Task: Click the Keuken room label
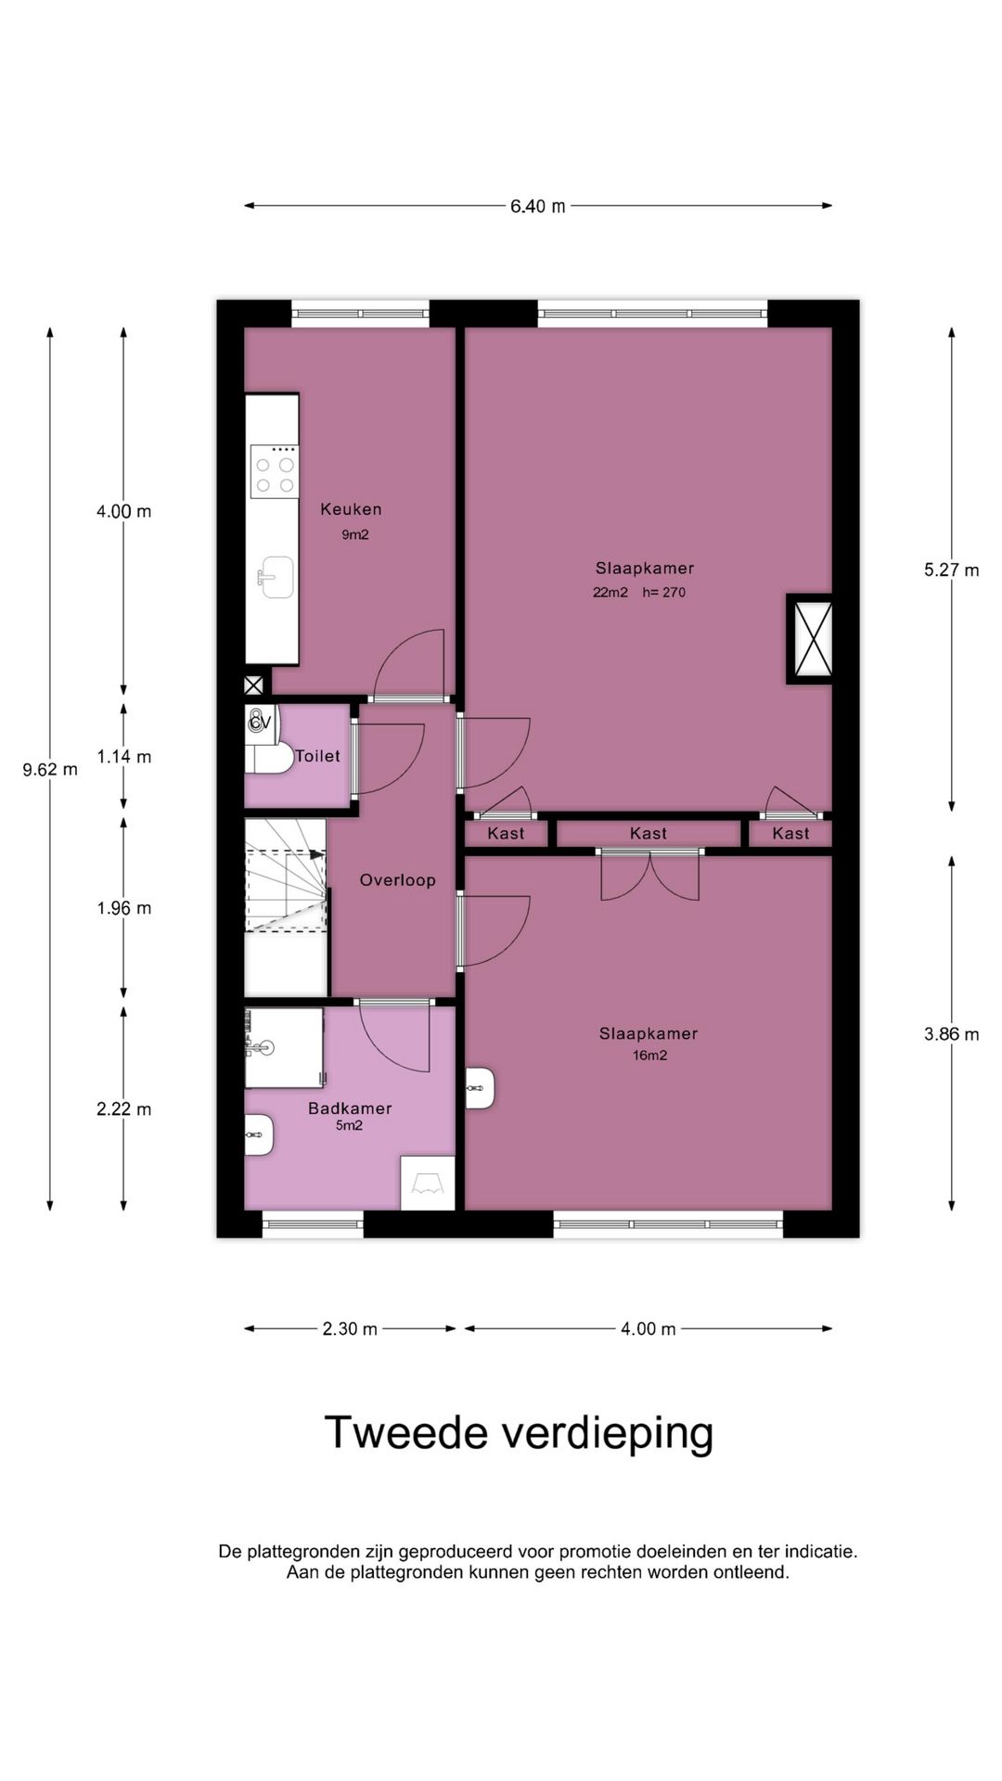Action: (x=351, y=509)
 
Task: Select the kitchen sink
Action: (x=275, y=578)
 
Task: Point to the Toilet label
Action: (x=317, y=756)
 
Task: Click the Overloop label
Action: (x=397, y=880)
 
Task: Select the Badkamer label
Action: (x=350, y=1108)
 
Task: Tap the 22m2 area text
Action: (x=610, y=593)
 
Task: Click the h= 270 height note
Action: (x=663, y=593)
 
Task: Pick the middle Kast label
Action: (x=648, y=833)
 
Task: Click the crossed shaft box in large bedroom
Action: (x=810, y=639)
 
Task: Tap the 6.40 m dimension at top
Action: (x=537, y=206)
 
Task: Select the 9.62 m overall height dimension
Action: (x=50, y=769)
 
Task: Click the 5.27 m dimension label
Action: (x=951, y=570)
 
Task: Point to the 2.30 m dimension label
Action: (x=350, y=1328)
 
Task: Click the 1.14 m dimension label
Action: (x=124, y=757)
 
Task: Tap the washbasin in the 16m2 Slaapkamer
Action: (x=480, y=1087)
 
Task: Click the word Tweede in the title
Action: (x=405, y=1432)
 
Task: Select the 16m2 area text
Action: (x=649, y=1056)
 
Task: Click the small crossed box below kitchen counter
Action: (x=253, y=685)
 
